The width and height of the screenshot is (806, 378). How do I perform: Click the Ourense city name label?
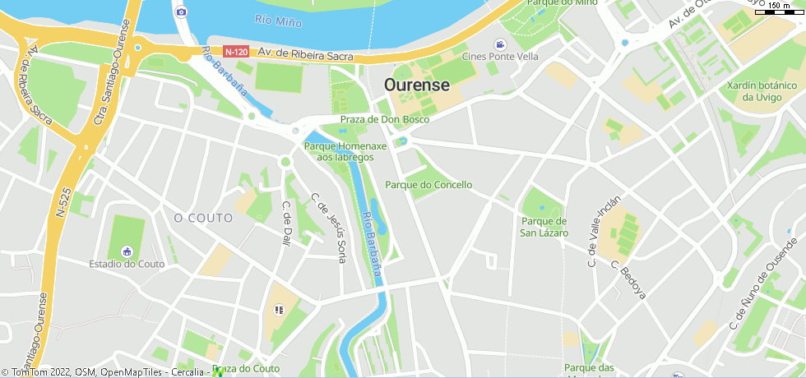(x=417, y=85)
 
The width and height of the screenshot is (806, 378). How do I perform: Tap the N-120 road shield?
(x=236, y=52)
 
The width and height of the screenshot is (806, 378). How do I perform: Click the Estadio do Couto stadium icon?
(x=127, y=251)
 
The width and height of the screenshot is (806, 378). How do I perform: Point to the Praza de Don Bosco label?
(x=385, y=119)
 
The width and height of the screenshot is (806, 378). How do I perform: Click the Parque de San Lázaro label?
(x=544, y=227)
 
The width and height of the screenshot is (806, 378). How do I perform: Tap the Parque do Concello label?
(x=428, y=185)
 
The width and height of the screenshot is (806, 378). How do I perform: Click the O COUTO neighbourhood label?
(x=203, y=218)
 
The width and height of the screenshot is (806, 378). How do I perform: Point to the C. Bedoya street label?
(x=629, y=279)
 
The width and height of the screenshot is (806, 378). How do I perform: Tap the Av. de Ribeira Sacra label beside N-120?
(x=305, y=54)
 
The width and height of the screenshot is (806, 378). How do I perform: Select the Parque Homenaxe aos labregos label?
(x=345, y=151)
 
